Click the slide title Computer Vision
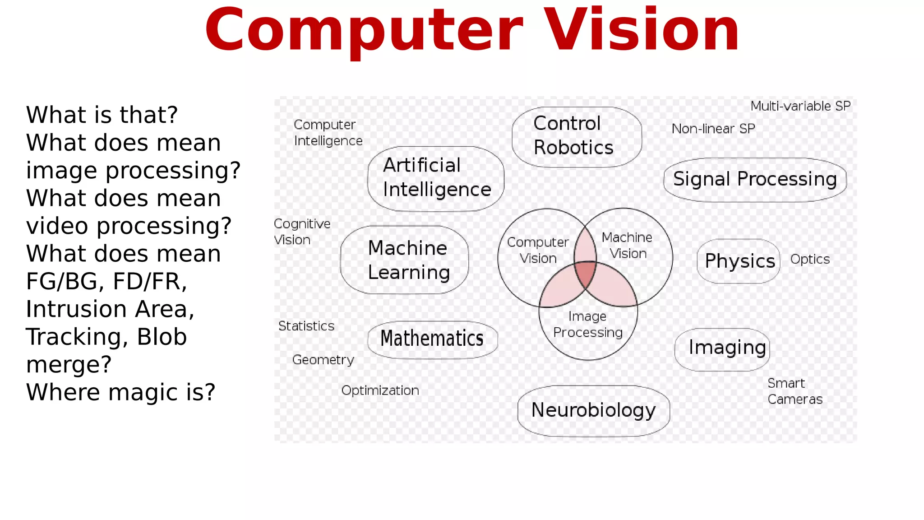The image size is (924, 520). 472,31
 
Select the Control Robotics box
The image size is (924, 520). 576,136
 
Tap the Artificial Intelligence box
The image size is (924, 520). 436,178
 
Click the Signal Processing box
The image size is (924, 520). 755,179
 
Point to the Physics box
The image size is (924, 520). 739,261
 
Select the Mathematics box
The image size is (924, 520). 432,339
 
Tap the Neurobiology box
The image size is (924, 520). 593,410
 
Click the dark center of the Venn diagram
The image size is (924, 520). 586,274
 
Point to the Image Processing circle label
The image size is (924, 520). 588,325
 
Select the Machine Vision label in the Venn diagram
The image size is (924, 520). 628,246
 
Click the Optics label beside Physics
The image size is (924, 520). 810,260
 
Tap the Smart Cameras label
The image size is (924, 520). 795,391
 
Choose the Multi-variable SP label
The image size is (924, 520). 800,107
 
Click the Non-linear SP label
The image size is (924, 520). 713,129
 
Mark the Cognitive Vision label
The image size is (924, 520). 302,232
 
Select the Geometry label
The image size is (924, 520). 323,360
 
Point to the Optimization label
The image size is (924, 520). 380,390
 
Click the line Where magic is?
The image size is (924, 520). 120,392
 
